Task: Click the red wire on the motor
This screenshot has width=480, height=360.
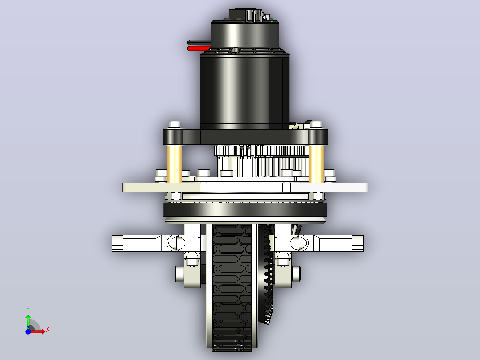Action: click(x=199, y=49)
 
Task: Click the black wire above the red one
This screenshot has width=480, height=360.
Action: click(x=199, y=43)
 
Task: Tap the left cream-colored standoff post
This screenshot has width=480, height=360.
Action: click(x=174, y=164)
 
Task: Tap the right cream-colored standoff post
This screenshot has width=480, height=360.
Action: click(x=316, y=164)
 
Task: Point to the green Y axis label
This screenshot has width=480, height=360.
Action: click(x=28, y=310)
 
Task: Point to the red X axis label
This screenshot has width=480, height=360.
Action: click(x=48, y=330)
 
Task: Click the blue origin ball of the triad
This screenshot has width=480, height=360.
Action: click(x=28, y=331)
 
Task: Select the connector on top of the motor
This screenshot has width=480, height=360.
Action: click(x=246, y=15)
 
